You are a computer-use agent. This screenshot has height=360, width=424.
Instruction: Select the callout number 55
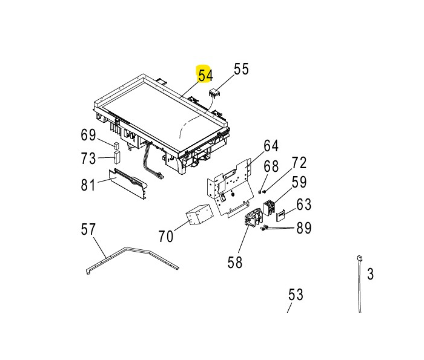pos(241,69)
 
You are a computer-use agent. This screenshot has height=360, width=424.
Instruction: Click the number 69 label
pos(88,135)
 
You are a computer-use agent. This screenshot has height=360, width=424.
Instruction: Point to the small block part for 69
pos(116,145)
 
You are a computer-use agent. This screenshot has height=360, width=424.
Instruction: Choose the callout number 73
pos(88,159)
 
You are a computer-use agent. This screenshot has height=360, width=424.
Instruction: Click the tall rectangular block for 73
pos(116,157)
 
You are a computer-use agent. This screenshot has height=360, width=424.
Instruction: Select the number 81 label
pos(88,185)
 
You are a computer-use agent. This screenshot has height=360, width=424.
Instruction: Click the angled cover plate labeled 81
pos(128,185)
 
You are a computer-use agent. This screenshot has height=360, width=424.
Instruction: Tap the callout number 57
pos(88,229)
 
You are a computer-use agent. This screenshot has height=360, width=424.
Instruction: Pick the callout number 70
pos(165,237)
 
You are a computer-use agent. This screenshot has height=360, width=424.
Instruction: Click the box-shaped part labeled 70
pos(199,214)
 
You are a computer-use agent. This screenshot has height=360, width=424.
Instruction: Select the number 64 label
pos(271,146)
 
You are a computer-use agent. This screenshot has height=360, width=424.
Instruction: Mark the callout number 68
pos(271,166)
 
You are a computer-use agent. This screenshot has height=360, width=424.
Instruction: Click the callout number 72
pos(299,163)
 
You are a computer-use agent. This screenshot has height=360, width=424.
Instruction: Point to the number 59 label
pos(299,182)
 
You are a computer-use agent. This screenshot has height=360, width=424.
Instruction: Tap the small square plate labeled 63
pos(280,215)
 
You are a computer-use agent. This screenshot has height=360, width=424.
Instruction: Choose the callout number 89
pos(304,228)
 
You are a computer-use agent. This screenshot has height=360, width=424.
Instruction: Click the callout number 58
pos(235,262)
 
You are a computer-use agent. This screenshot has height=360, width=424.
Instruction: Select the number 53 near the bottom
pos(296,295)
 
